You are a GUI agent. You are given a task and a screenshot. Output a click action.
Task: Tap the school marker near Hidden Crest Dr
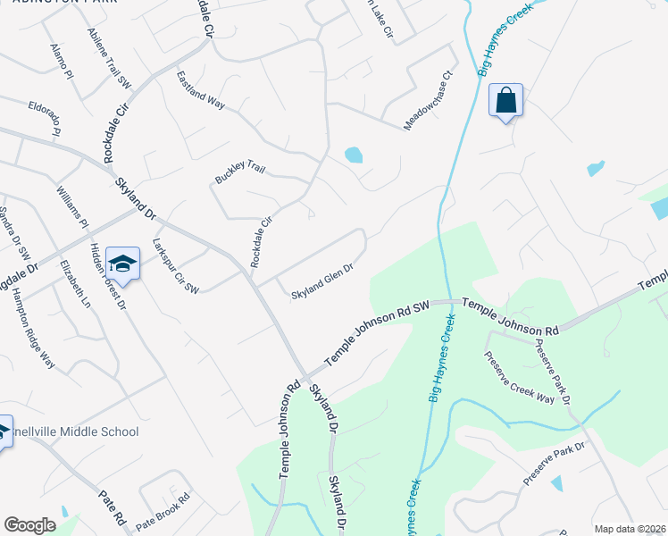(122, 264)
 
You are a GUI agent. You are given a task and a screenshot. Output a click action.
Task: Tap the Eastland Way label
(200, 89)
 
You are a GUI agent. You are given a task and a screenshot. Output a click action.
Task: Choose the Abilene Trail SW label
(109, 58)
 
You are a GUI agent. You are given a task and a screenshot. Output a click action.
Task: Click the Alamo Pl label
(62, 62)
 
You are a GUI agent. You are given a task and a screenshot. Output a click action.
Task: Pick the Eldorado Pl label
(44, 118)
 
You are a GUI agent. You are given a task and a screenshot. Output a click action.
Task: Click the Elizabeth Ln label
(74, 285)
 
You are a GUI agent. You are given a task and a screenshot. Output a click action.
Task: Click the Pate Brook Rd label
(163, 509)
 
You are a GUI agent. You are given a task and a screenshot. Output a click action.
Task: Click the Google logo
(29, 525)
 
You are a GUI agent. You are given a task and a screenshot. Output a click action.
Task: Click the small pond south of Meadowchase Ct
(354, 155)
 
